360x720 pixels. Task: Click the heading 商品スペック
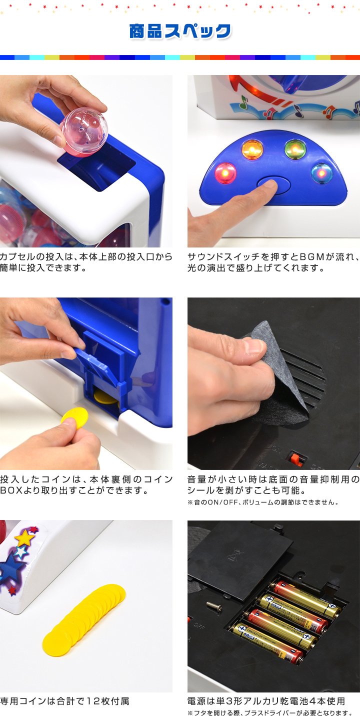coord(180,31)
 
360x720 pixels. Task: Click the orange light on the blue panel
coord(252,149)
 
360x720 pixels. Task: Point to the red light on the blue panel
coord(225,173)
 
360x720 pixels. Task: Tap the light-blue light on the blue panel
coord(322,173)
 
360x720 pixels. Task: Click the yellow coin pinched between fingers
coord(74,417)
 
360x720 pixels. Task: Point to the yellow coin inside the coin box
coord(102,397)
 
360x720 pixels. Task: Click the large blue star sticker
coord(13,567)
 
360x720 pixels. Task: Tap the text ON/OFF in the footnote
coord(222,502)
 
